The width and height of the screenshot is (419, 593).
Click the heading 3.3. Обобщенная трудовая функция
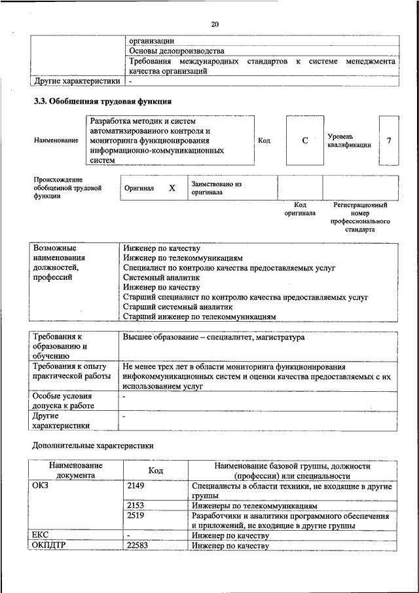coord(103,102)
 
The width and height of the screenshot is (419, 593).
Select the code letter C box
coord(304,140)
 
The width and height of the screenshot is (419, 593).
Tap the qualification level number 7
coord(388,140)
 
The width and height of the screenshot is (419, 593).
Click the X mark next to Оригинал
coord(172,188)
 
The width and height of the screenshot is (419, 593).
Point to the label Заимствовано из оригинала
coord(217,189)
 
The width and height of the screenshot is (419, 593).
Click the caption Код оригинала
coord(300,209)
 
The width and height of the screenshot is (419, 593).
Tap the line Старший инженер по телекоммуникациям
coord(200,316)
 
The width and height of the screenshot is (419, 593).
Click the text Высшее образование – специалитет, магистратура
coord(213,337)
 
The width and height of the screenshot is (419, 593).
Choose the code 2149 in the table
coord(136,486)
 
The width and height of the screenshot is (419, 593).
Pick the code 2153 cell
coord(136,506)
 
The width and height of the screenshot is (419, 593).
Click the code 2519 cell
coord(136,516)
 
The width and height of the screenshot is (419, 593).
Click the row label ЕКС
coord(41,535)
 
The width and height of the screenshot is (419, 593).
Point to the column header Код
coord(156,470)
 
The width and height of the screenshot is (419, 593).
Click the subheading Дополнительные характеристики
coord(93,446)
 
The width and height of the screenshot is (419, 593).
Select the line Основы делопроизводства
coord(177,50)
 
